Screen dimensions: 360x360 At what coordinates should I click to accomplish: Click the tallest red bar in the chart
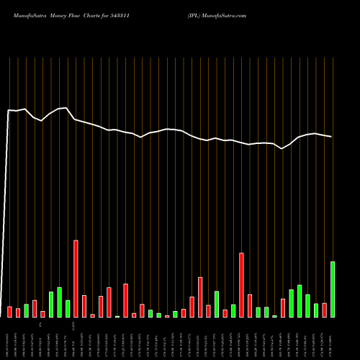(76, 279)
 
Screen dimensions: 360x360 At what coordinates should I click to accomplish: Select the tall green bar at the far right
(333, 289)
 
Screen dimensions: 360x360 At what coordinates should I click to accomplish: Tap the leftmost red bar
(10, 312)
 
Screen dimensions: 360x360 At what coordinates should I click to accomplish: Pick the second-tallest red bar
(242, 285)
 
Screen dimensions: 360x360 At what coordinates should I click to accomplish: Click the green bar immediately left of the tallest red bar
(68, 308)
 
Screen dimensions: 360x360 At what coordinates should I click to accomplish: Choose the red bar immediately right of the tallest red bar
(84, 306)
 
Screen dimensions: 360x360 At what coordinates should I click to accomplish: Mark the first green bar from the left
(27, 310)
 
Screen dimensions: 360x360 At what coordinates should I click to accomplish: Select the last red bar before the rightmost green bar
(325, 310)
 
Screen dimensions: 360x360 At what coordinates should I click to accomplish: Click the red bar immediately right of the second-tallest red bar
(250, 305)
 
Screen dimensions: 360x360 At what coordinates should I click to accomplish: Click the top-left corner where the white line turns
(8, 110)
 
